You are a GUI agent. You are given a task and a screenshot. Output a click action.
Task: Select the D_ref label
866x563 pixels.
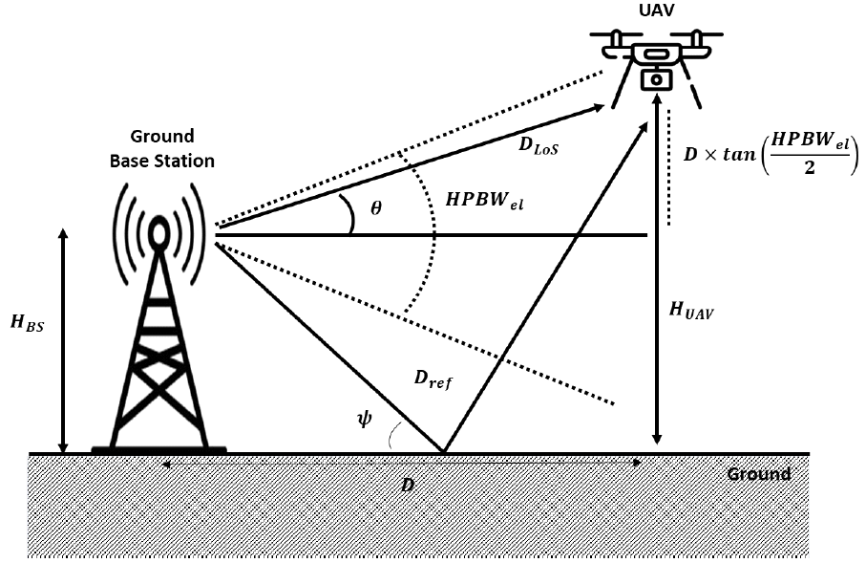tap(433, 379)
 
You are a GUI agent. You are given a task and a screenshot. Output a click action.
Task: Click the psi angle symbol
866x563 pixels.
tap(364, 419)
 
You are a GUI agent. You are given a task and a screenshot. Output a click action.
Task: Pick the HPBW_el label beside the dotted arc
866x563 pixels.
tap(485, 202)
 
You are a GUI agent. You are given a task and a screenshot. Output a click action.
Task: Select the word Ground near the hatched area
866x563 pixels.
tap(759, 474)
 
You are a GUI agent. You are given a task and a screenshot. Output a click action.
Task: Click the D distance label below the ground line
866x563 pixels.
tap(408, 484)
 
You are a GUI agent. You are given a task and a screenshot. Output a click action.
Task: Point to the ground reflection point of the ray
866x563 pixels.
tap(442, 451)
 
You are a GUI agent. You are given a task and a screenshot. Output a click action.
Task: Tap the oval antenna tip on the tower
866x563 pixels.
tap(158, 230)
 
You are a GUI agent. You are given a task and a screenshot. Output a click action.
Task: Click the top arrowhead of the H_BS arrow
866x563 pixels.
tap(64, 234)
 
